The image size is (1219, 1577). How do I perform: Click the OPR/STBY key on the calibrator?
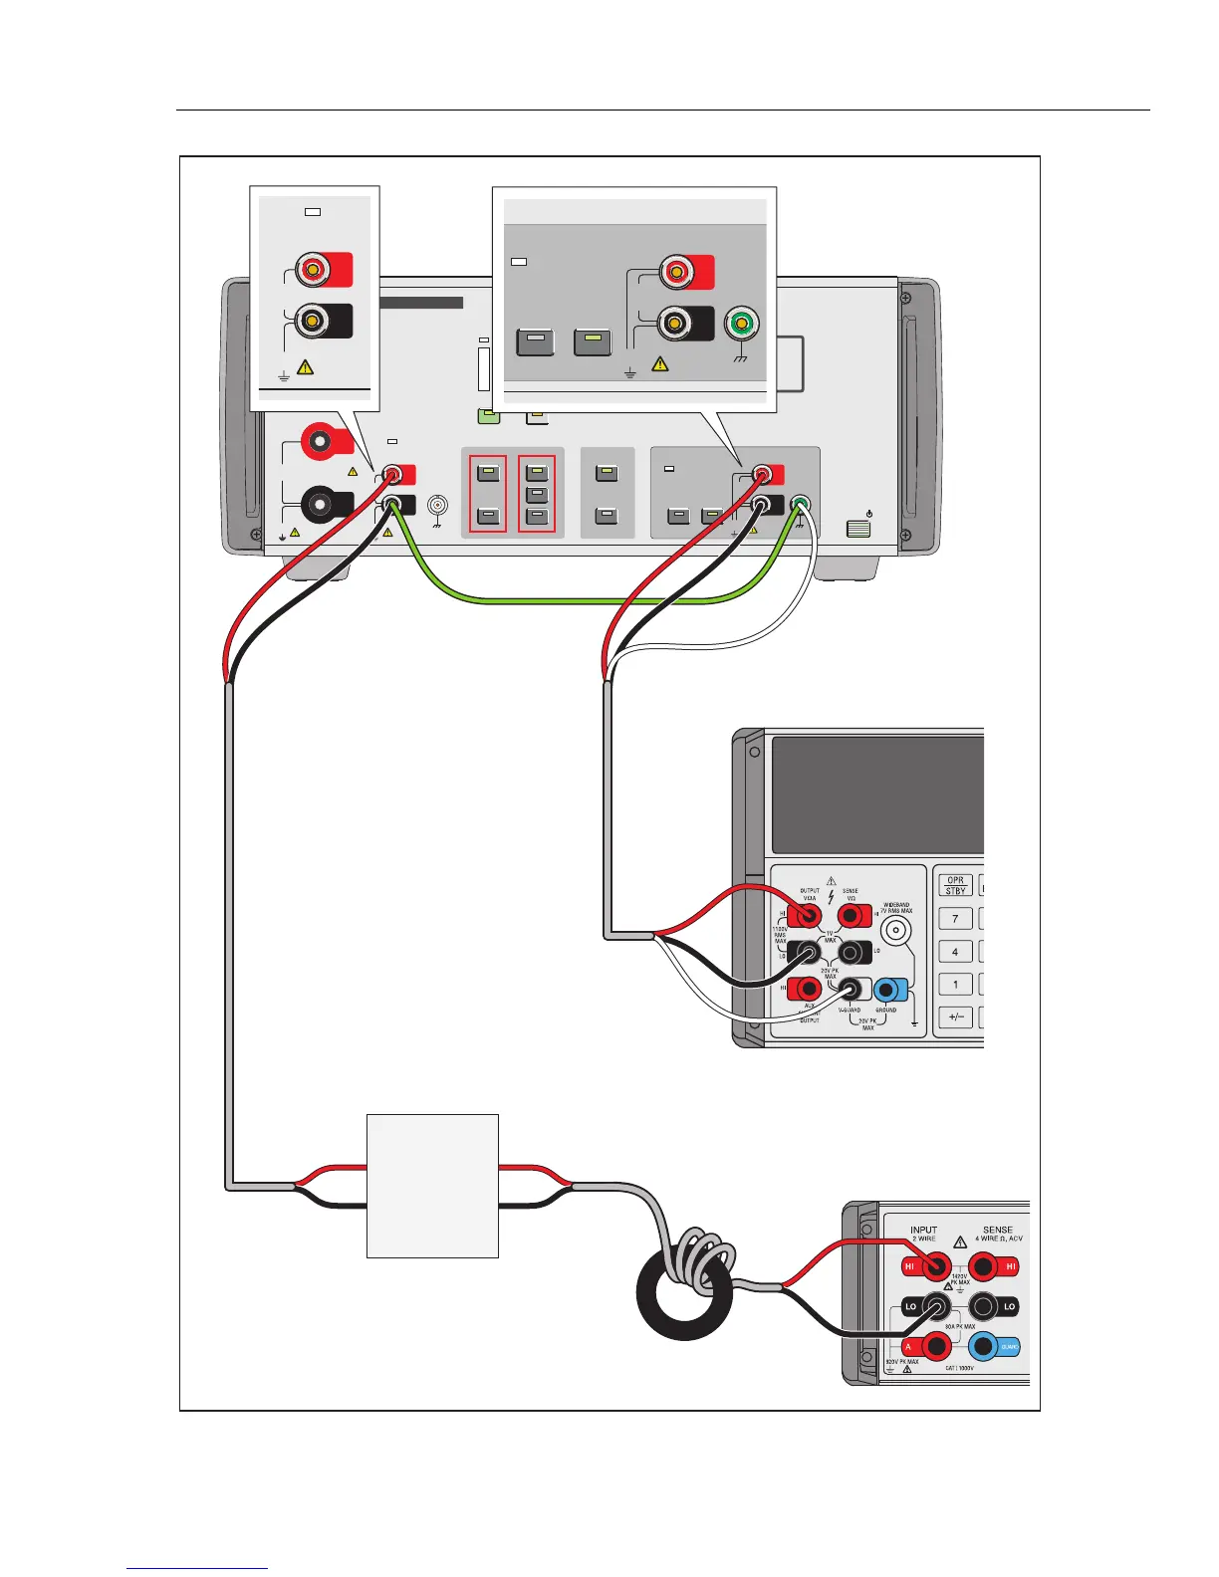click(x=955, y=886)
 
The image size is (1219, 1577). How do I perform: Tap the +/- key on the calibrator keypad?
click(x=955, y=1017)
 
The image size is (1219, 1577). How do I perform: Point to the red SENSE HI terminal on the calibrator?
click(x=853, y=916)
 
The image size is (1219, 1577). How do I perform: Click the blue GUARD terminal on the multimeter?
click(x=983, y=1347)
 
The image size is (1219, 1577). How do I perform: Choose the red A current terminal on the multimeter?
click(x=935, y=1347)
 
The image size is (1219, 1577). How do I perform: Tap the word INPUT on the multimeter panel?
click(x=923, y=1231)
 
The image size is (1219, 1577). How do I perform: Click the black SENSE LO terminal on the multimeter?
click(x=983, y=1306)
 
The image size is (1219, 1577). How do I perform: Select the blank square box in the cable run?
click(x=432, y=1186)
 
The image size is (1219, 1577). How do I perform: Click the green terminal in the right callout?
click(x=742, y=325)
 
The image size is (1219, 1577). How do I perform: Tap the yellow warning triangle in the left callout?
click(x=306, y=367)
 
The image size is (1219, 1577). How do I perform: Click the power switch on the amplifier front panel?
click(x=858, y=528)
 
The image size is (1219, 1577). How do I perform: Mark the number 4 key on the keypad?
click(x=955, y=952)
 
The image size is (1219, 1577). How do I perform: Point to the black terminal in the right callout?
click(x=676, y=323)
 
